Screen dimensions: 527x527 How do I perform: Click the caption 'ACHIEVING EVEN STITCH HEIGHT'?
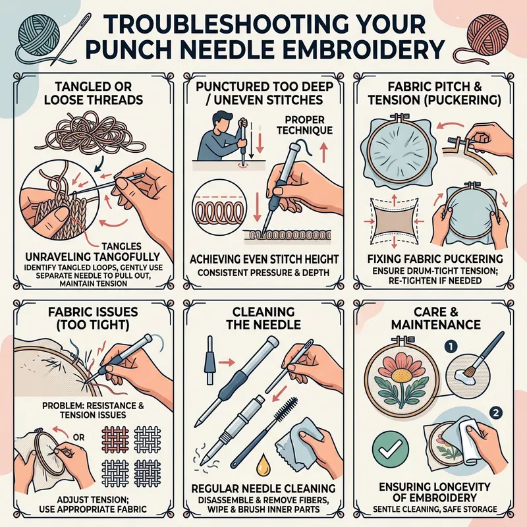point(263,258)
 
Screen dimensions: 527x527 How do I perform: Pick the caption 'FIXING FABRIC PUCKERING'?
point(437,258)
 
